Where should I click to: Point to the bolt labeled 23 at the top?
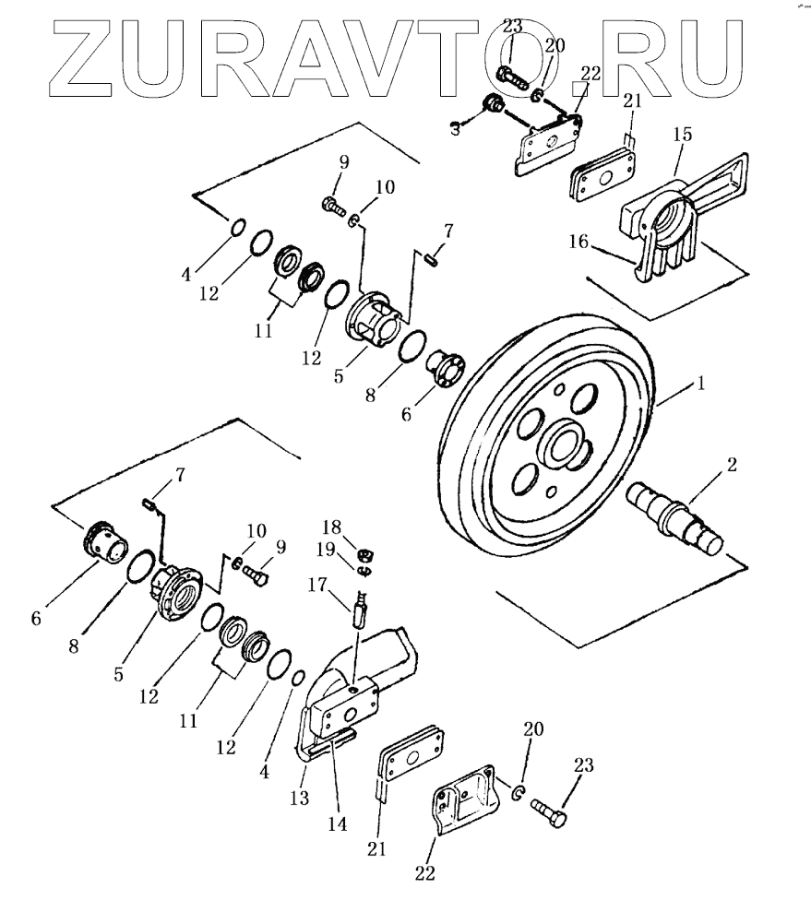[x=510, y=73]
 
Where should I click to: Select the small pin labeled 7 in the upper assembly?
[x=432, y=260]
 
